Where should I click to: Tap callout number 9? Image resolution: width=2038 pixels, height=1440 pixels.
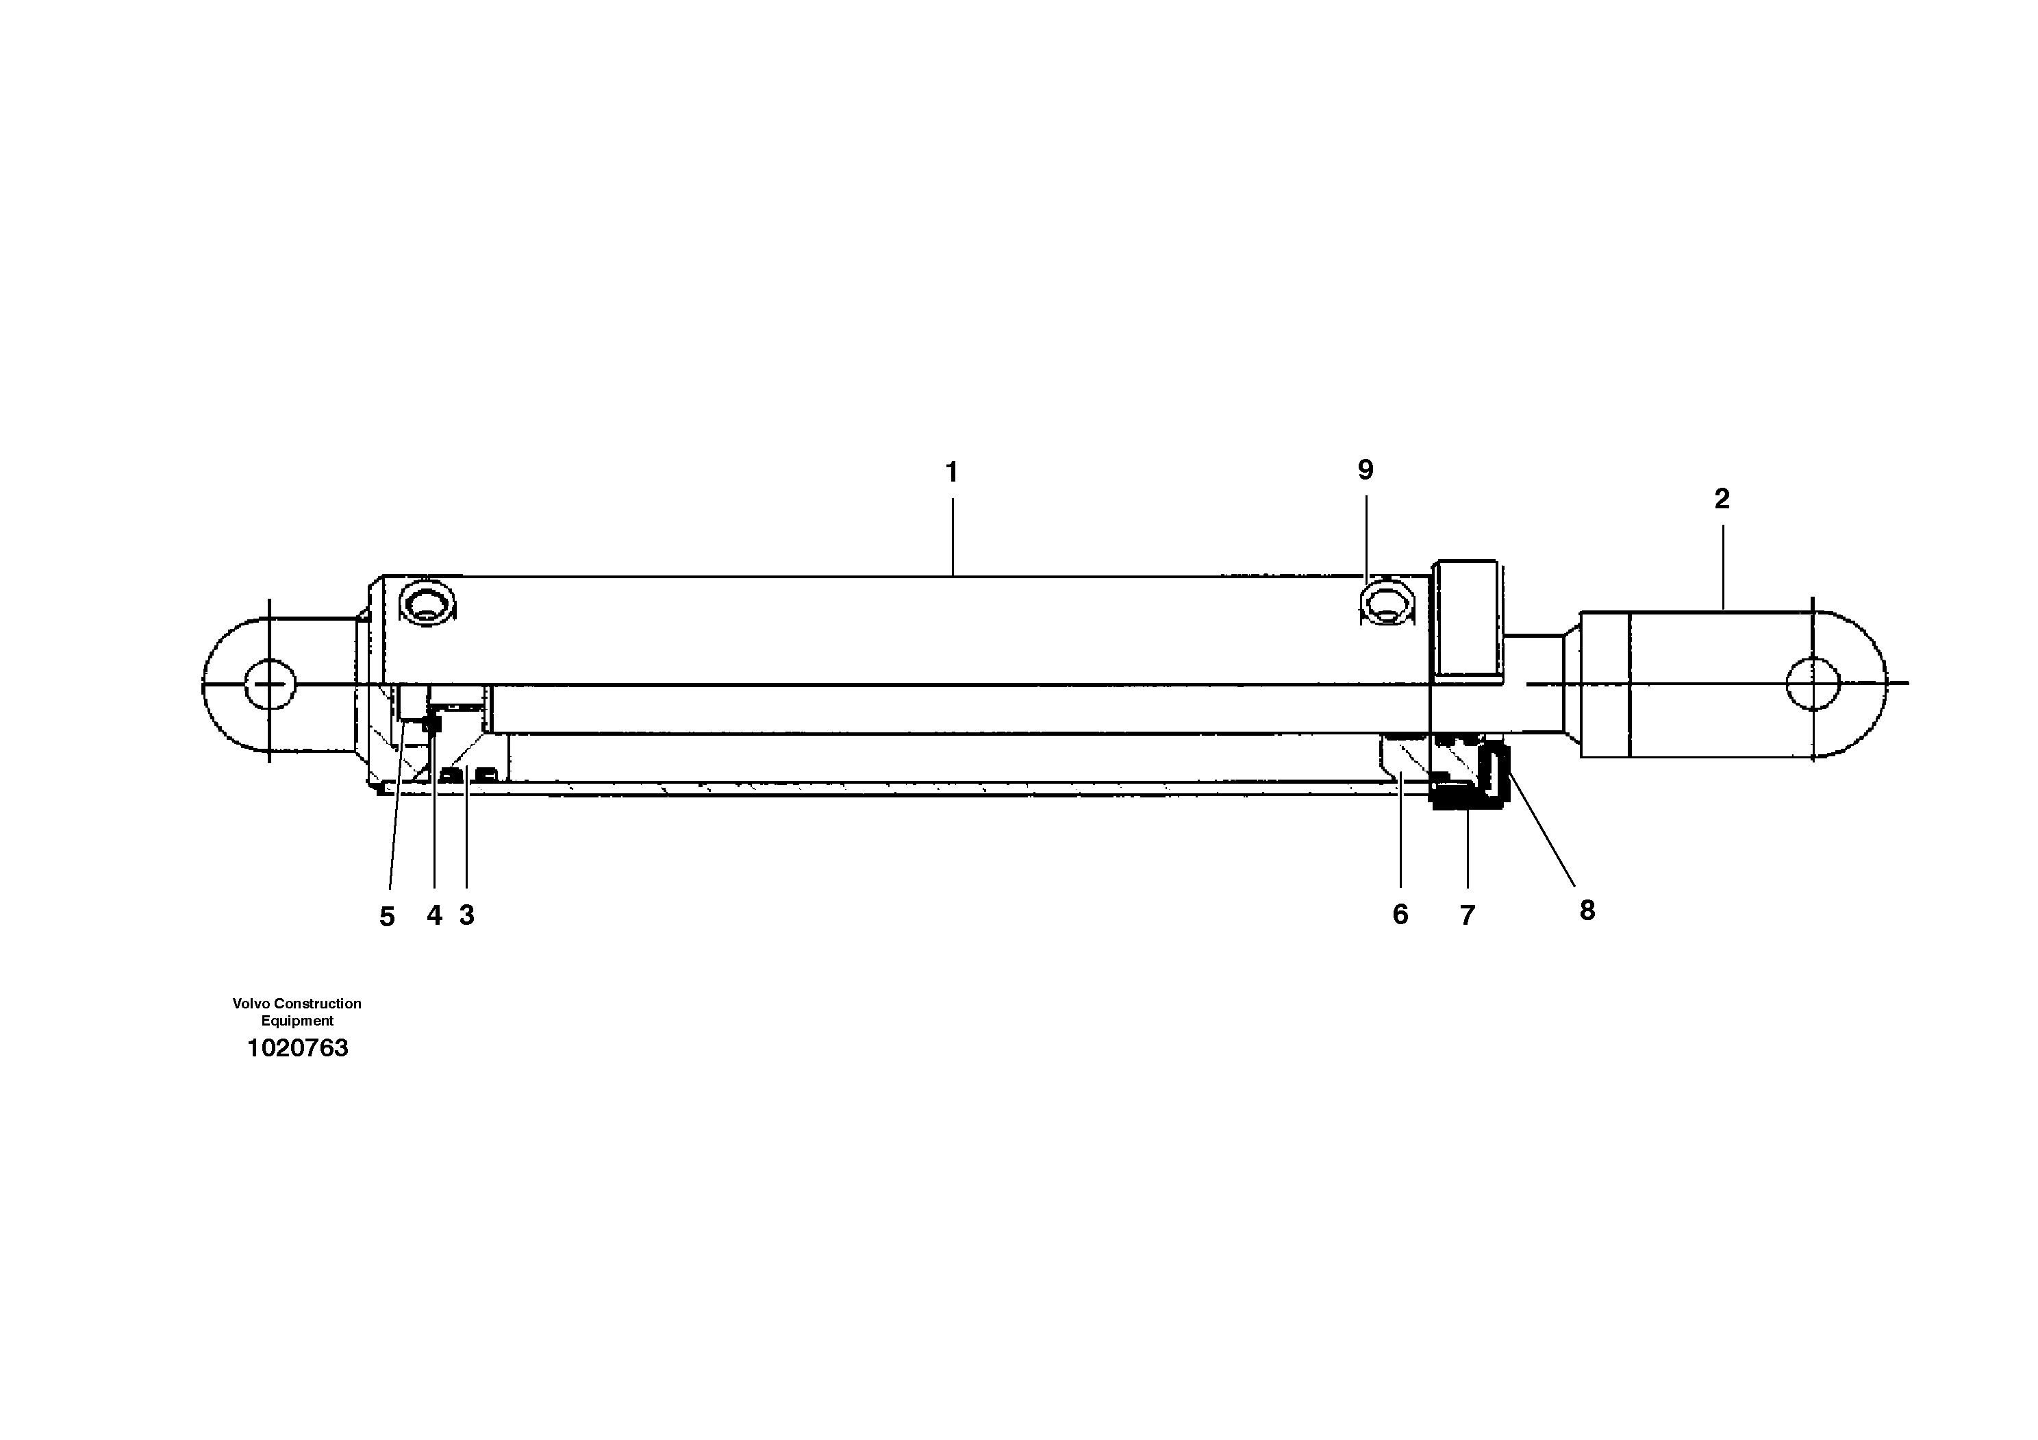point(1366,471)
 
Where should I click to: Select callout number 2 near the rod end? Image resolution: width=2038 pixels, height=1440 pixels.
point(1722,499)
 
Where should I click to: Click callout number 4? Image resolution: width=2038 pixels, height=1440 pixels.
point(434,915)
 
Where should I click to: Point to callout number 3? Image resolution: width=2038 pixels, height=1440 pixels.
point(467,915)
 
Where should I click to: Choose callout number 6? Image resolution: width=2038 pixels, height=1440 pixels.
point(1400,915)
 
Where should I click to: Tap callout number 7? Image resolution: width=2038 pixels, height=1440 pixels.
point(1468,915)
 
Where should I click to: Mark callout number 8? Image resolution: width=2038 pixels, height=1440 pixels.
point(1587,910)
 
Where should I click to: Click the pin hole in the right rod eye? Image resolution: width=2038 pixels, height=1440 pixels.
point(1813,684)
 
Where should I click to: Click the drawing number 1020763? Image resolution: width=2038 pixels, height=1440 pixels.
point(297,1048)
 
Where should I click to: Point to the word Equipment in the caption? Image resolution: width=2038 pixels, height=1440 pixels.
point(297,1021)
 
